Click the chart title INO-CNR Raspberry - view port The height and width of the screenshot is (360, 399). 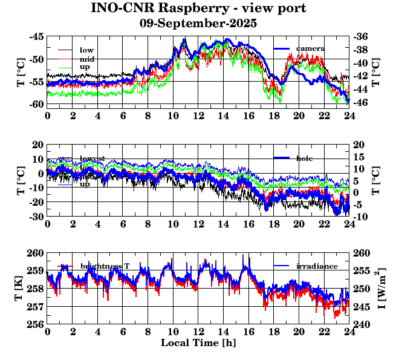point(198,8)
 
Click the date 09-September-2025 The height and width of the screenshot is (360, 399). point(198,24)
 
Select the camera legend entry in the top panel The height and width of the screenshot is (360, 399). point(310,48)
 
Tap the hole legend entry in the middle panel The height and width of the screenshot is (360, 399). point(308,158)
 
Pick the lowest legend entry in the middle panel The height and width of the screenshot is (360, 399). point(92,159)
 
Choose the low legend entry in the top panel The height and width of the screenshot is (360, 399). point(86,50)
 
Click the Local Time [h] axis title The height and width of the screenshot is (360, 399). point(198,343)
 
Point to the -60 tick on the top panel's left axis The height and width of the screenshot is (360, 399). point(36,104)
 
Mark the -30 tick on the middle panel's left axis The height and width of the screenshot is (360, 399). point(36,216)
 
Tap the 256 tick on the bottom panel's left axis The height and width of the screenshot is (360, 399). point(36,324)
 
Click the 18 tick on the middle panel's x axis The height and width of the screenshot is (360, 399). point(274,224)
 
